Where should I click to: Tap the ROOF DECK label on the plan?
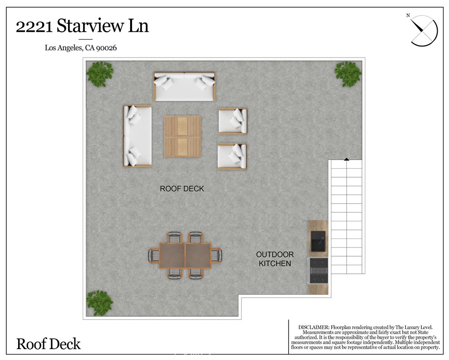click(x=182, y=189)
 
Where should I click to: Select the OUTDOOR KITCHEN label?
click(x=275, y=259)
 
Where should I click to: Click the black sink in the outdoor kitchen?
click(x=318, y=240)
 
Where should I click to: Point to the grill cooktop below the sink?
click(x=318, y=270)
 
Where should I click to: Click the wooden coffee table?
click(x=182, y=136)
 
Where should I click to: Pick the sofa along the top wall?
click(x=185, y=86)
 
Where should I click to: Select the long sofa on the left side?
click(x=137, y=136)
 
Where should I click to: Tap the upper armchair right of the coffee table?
click(x=232, y=121)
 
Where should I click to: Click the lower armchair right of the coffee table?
click(x=232, y=156)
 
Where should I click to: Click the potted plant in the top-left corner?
click(x=100, y=74)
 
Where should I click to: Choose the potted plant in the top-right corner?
click(x=348, y=74)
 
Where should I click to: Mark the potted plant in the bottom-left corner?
click(x=99, y=302)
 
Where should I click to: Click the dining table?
click(x=185, y=255)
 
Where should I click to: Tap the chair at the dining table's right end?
click(x=216, y=255)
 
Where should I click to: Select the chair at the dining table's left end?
click(x=153, y=255)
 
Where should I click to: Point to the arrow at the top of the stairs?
click(x=347, y=159)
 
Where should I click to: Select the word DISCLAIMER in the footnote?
click(x=313, y=327)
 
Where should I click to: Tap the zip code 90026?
click(x=107, y=48)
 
